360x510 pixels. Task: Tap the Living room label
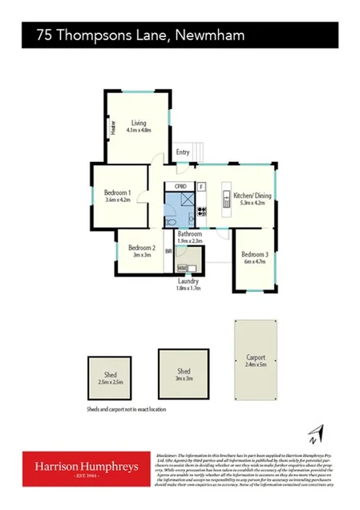139,122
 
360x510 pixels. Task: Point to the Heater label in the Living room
114,127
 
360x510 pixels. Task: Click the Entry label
183,152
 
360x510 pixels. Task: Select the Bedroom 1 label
118,192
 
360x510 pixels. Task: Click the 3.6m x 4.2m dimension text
118,200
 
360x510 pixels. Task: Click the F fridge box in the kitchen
201,188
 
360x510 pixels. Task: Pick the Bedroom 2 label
141,248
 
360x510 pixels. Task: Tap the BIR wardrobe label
168,251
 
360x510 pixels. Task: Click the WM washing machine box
182,268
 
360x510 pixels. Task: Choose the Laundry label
188,281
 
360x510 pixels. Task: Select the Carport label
256,358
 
